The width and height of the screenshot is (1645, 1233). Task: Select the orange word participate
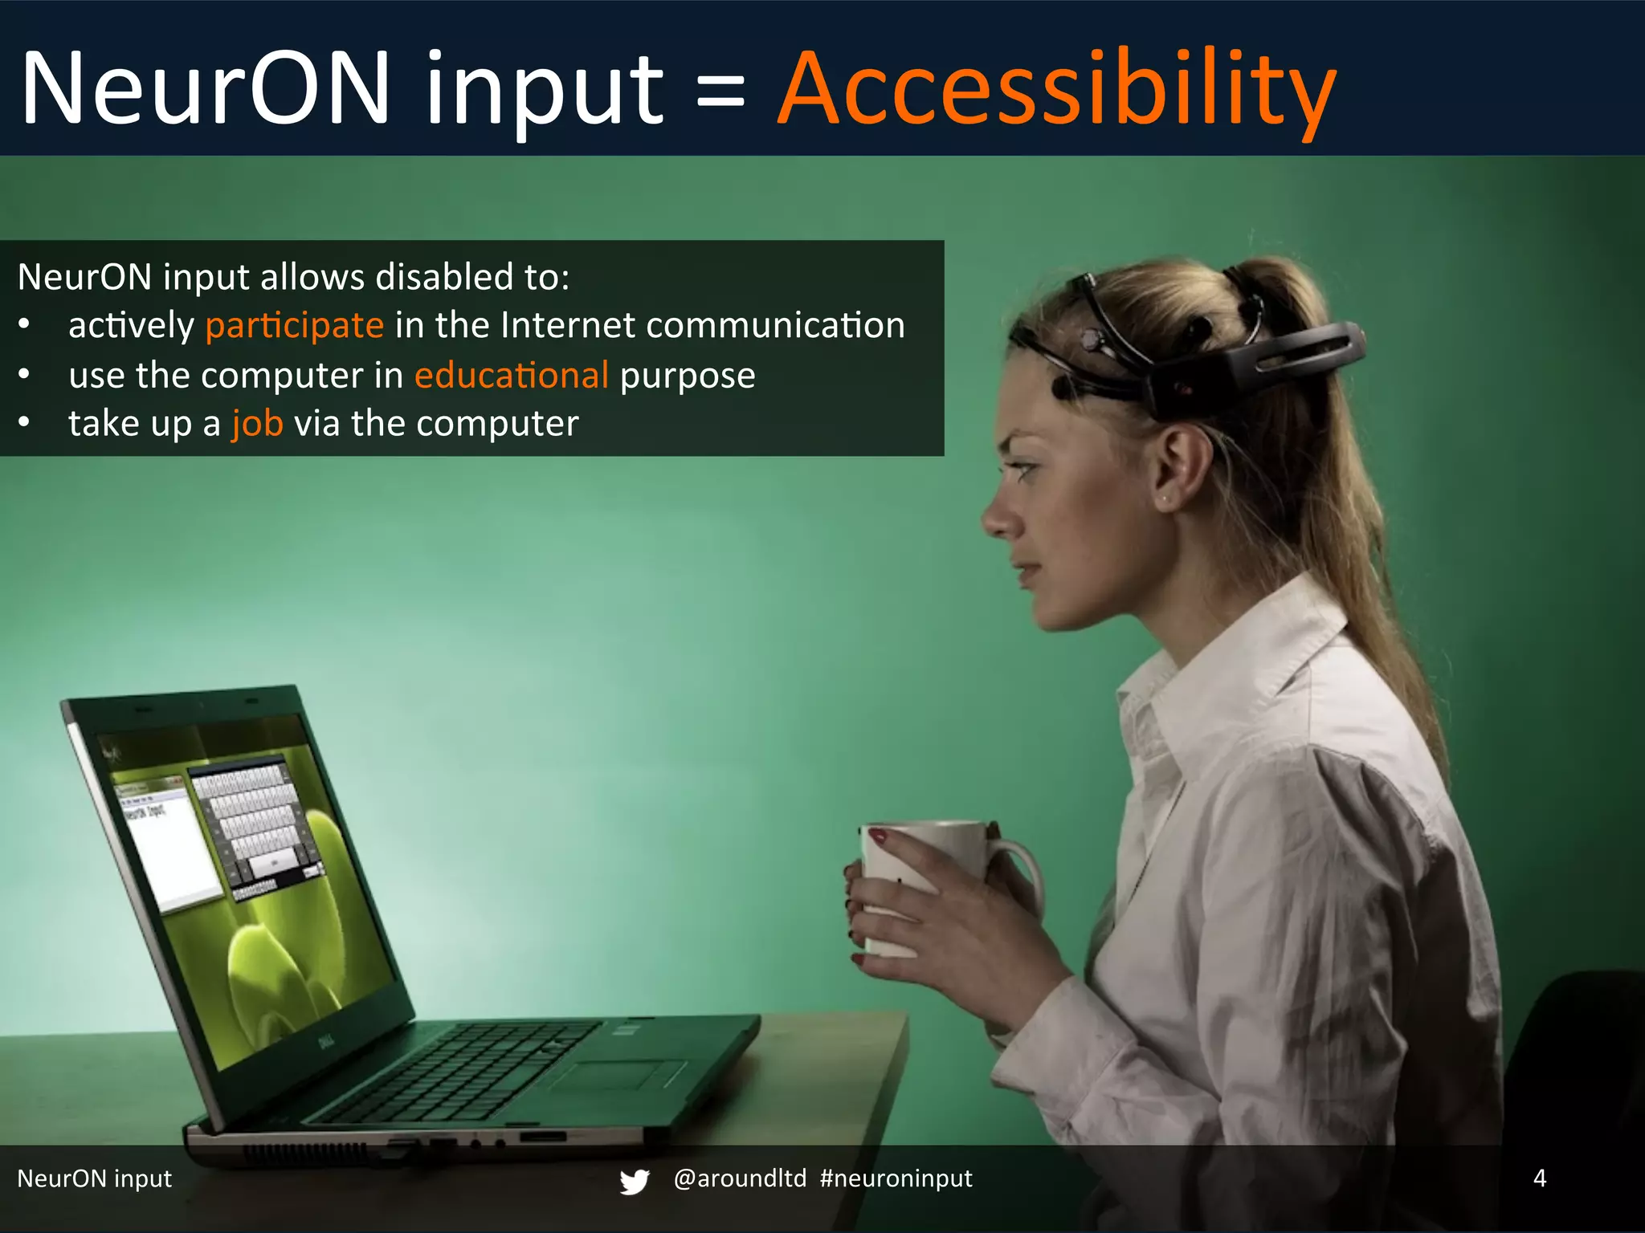click(295, 325)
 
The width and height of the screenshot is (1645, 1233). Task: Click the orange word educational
click(512, 375)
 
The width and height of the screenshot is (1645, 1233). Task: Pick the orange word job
click(257, 424)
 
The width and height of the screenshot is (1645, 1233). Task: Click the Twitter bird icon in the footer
click(634, 1180)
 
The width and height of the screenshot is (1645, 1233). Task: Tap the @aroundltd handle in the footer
click(740, 1178)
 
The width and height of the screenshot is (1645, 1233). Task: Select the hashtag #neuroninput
click(896, 1178)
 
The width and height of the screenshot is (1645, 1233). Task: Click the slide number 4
click(1539, 1178)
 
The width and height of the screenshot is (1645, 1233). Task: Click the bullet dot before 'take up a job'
click(24, 422)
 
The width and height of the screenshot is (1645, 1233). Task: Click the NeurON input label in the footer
click(95, 1178)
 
